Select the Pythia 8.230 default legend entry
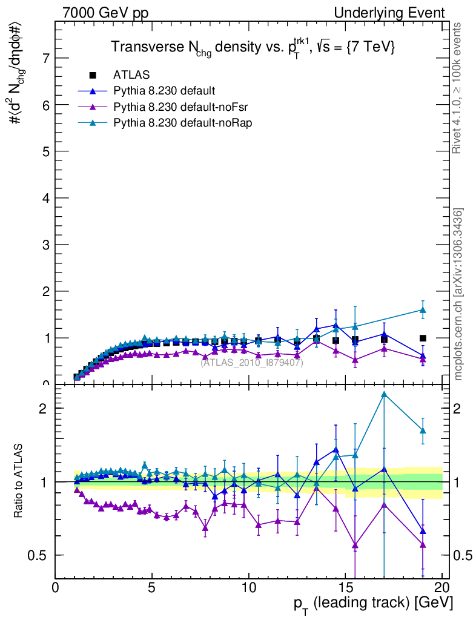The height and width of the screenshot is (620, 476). coord(164,91)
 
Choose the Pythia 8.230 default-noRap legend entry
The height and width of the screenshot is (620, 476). coord(182,122)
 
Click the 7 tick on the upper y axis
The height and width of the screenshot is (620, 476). coord(45,58)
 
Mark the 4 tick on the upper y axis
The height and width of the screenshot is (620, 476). coord(45,198)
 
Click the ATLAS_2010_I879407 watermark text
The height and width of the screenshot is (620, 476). coord(252,363)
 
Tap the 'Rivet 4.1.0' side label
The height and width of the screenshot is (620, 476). coord(458,88)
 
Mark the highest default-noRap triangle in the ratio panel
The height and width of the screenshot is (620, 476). coord(384,395)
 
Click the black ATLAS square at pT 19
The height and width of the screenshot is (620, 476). coord(423,338)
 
